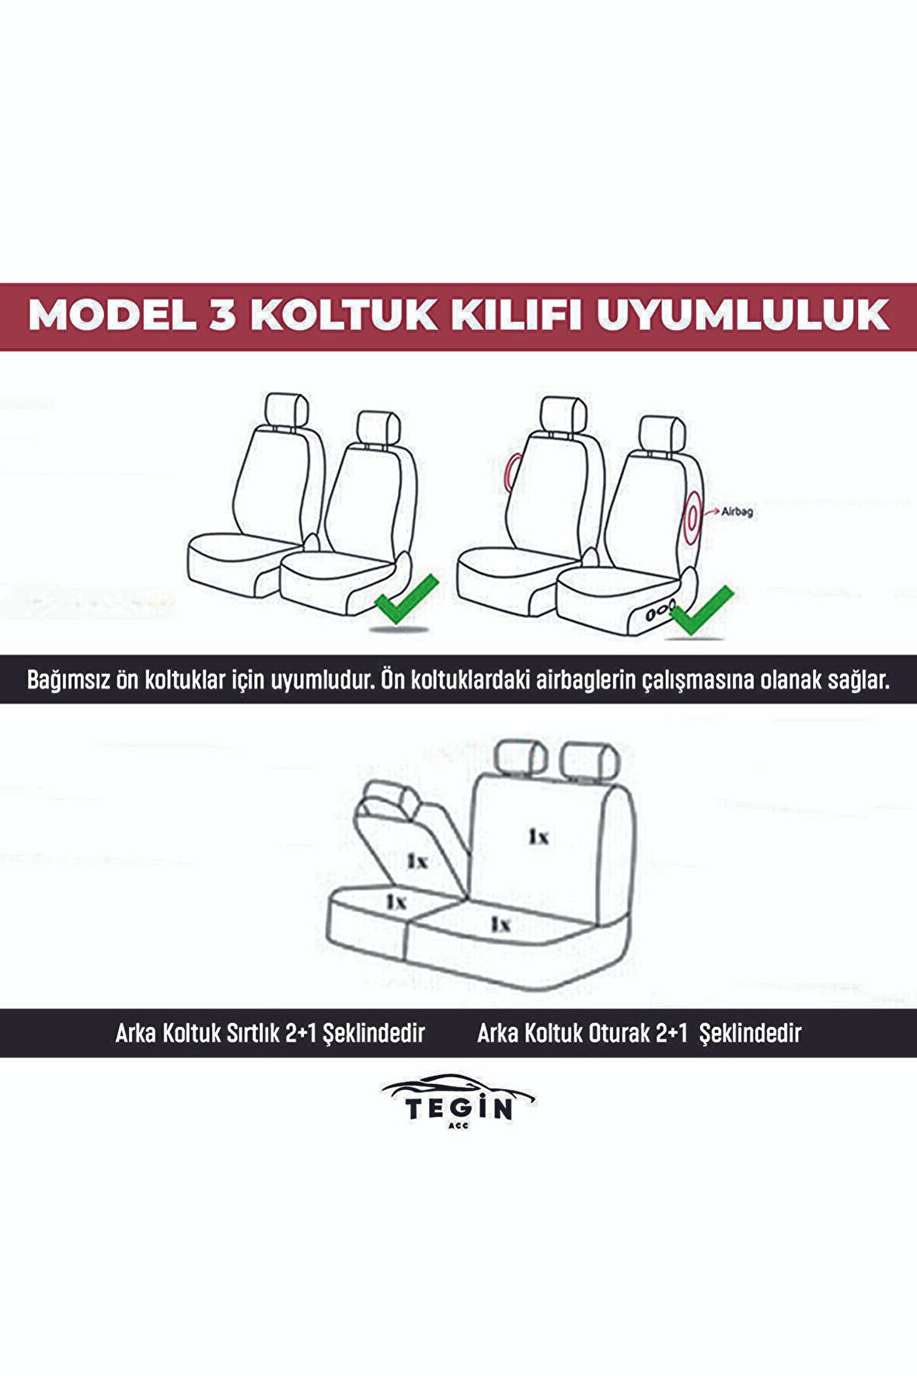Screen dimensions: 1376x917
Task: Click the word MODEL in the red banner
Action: [x=112, y=315]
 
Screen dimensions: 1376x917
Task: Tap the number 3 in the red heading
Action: [x=223, y=315]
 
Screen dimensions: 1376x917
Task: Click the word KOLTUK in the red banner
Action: [x=344, y=315]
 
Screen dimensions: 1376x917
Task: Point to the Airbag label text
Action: [x=737, y=512]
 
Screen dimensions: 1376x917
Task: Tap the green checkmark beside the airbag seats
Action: [x=700, y=609]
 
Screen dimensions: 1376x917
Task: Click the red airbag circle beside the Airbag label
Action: [x=691, y=513]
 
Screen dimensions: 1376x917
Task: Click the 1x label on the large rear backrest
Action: [x=539, y=836]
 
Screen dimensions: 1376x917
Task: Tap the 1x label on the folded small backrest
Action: [x=417, y=861]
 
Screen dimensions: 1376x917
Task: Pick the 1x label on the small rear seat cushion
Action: [x=396, y=901]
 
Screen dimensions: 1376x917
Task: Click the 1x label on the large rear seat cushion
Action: [x=500, y=924]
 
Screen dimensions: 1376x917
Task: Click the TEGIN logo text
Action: [x=458, y=1108]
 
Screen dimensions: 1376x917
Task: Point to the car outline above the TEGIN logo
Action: [x=458, y=1085]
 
